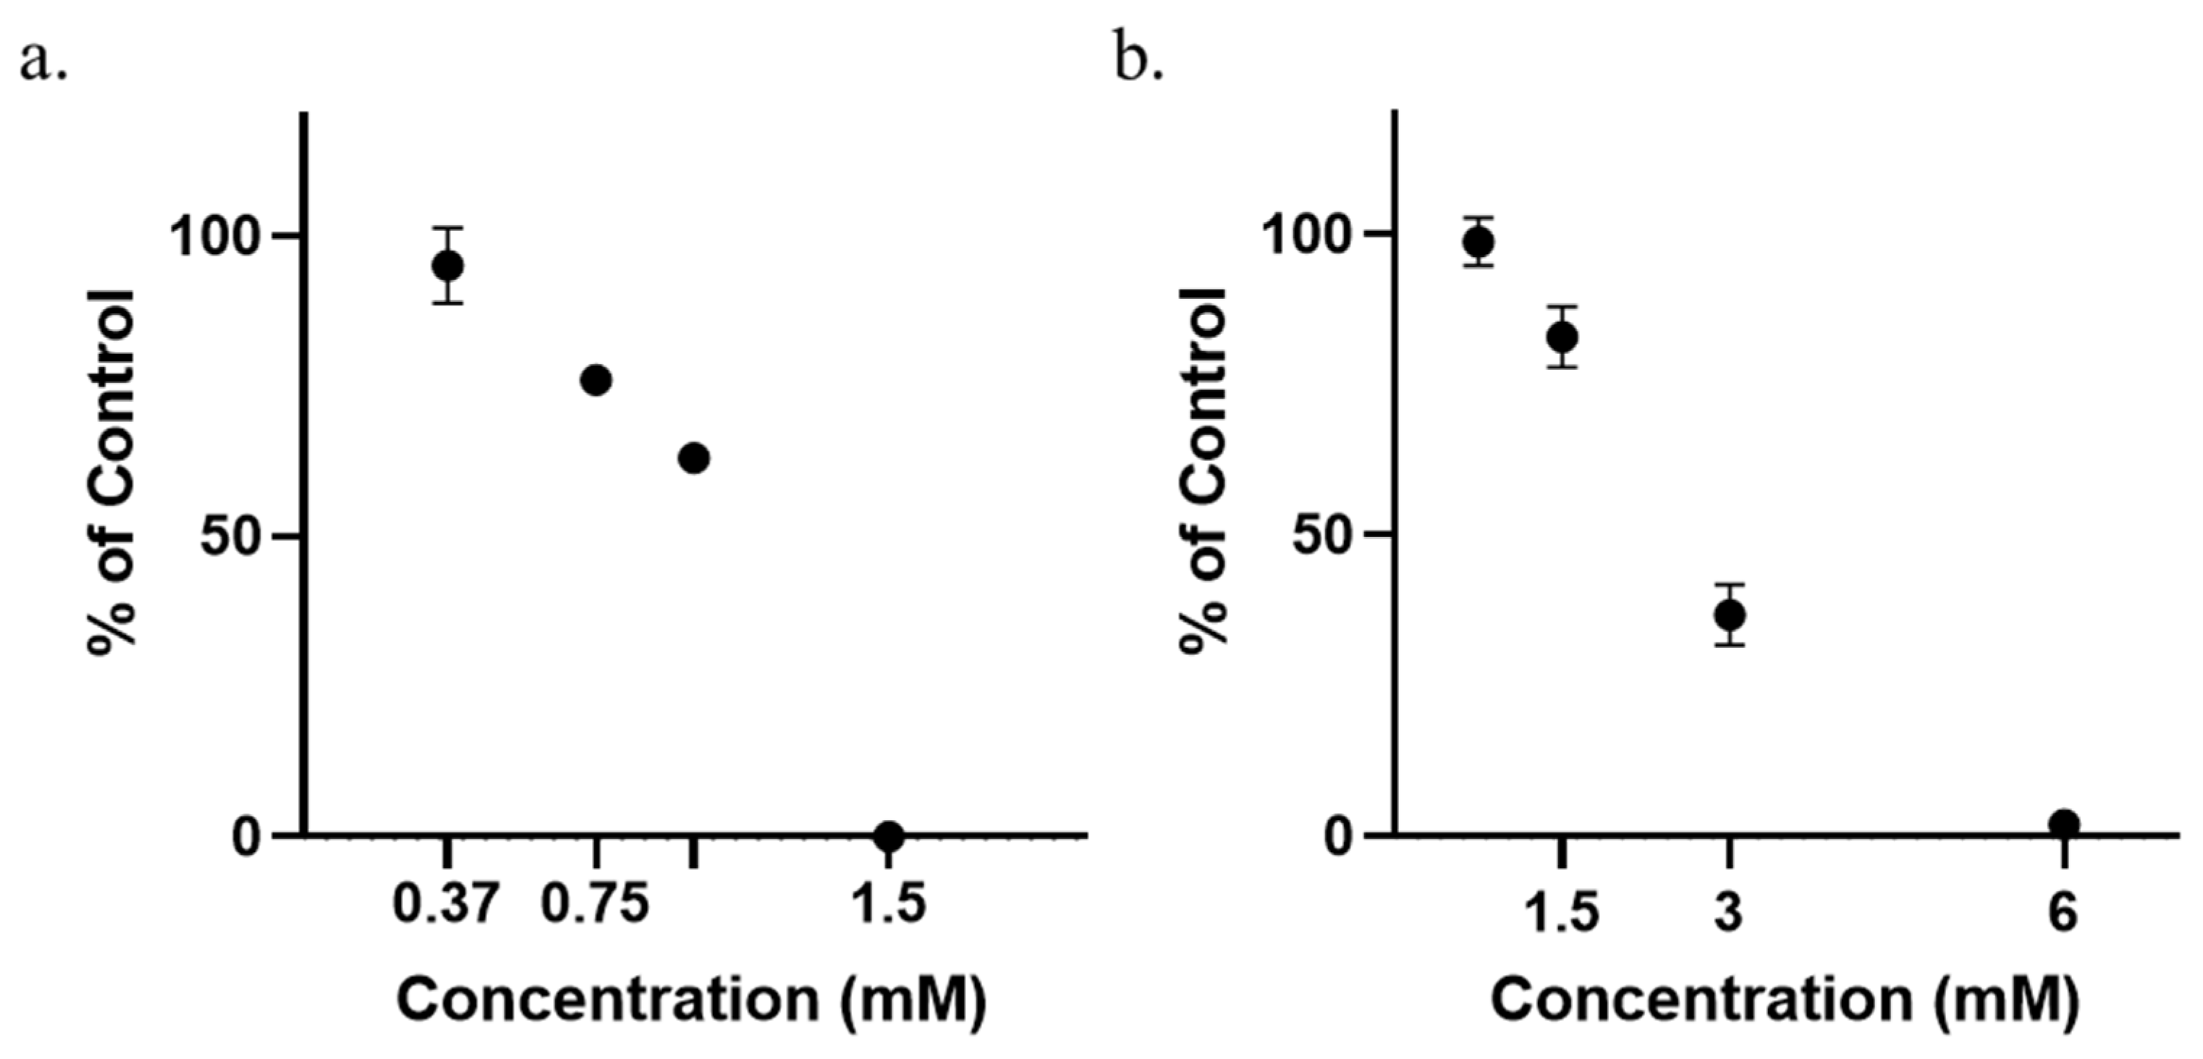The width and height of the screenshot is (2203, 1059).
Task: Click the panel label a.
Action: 43,62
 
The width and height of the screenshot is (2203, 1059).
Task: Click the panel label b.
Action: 1138,62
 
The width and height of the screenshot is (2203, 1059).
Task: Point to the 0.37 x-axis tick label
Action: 444,905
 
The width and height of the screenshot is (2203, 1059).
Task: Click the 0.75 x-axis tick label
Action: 595,905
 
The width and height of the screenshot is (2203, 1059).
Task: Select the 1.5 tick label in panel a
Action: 890,905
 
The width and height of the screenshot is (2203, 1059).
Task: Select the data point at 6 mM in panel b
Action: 2063,824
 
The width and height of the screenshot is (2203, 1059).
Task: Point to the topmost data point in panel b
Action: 1479,242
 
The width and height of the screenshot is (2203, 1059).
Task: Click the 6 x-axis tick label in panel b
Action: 2063,912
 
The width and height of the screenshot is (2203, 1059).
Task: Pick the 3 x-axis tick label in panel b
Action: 1728,912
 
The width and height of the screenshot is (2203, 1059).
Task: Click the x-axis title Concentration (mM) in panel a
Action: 691,999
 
